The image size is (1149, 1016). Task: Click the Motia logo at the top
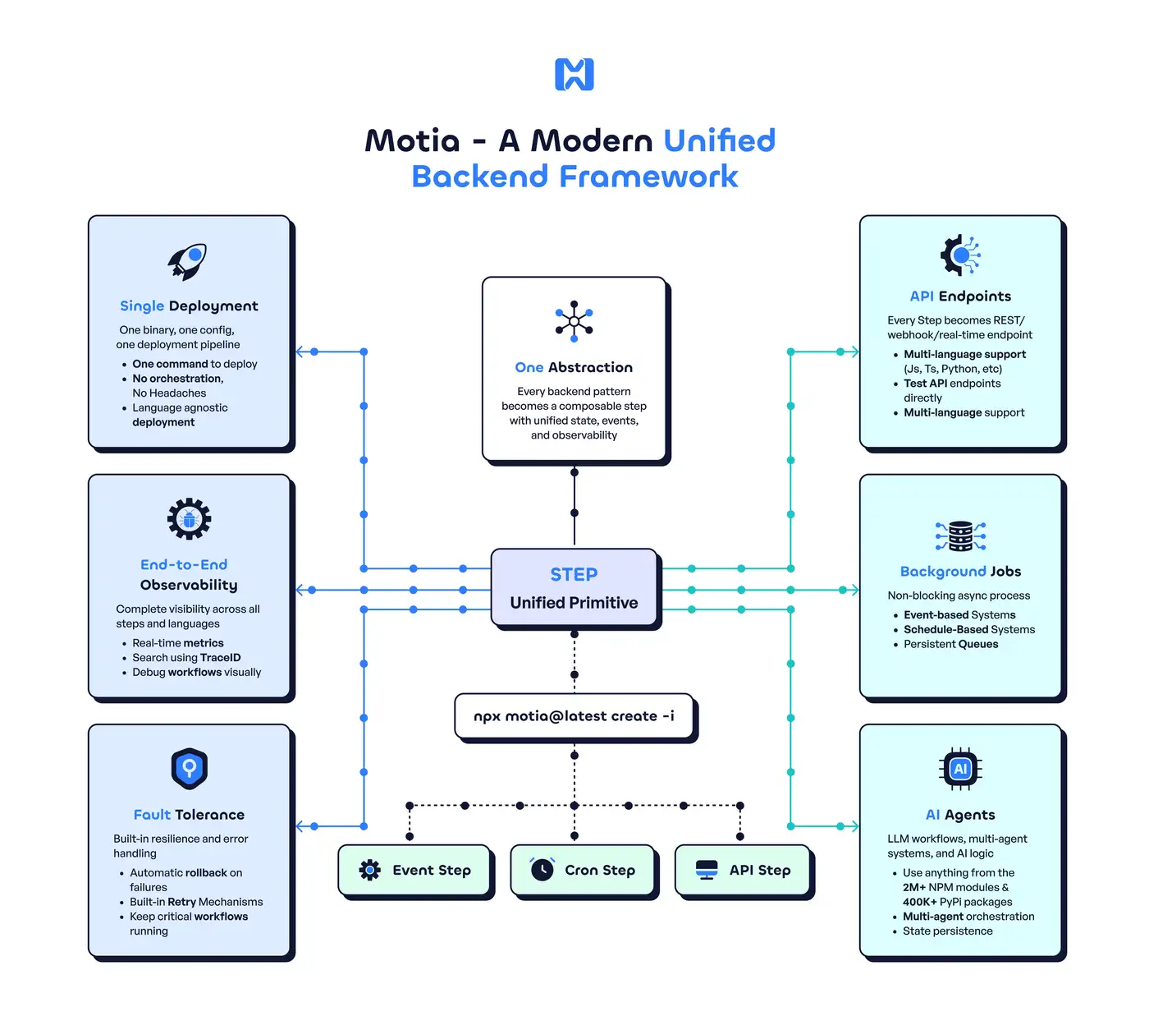pyautogui.click(x=574, y=74)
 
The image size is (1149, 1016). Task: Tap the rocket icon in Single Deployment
pyautogui.click(x=187, y=261)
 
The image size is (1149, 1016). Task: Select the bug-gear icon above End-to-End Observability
pyautogui.click(x=189, y=519)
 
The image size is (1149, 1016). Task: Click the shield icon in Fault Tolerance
pyautogui.click(x=190, y=769)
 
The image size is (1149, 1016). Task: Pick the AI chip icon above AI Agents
pyautogui.click(x=960, y=769)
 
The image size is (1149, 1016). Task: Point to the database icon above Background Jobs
pyautogui.click(x=960, y=536)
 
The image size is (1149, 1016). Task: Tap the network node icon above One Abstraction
pyautogui.click(x=574, y=321)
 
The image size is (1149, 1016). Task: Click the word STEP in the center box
pyautogui.click(x=574, y=574)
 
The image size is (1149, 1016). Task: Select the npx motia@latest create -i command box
pyautogui.click(x=574, y=716)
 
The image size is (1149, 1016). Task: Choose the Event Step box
pyautogui.click(x=415, y=870)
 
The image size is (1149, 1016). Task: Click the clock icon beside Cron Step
pyautogui.click(x=542, y=869)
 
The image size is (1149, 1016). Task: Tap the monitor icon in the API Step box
pyautogui.click(x=707, y=870)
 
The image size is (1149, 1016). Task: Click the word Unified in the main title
pyautogui.click(x=719, y=140)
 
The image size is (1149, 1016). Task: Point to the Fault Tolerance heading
pyautogui.click(x=189, y=815)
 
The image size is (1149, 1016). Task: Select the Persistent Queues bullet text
pyautogui.click(x=951, y=644)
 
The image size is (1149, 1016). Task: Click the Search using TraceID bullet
pyautogui.click(x=186, y=657)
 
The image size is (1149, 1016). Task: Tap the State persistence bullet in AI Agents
pyautogui.click(x=947, y=931)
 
